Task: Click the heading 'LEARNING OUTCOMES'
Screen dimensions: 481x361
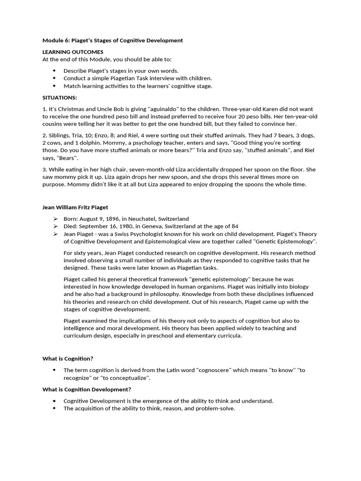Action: click(x=73, y=52)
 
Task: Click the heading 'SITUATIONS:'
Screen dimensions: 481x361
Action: click(x=60, y=97)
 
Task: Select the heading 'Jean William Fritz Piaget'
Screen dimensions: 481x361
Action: click(x=76, y=207)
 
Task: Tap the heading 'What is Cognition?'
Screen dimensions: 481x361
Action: click(x=68, y=358)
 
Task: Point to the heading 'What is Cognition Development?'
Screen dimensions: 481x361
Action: click(x=86, y=389)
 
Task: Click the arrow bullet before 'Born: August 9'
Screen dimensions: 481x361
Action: click(x=55, y=218)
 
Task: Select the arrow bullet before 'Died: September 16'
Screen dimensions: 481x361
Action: click(x=55, y=226)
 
